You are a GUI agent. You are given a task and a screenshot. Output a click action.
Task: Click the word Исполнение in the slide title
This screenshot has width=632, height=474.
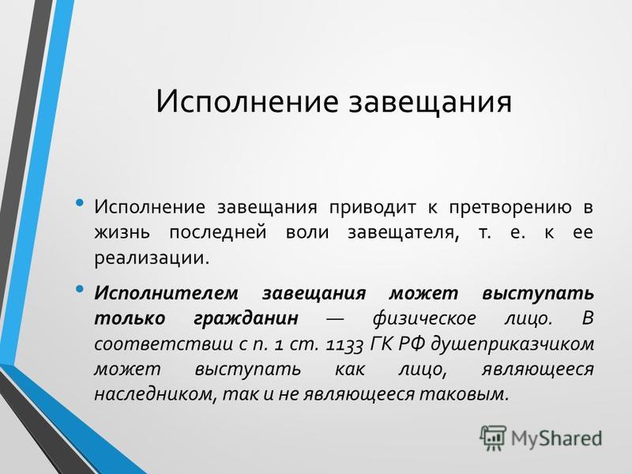point(246,101)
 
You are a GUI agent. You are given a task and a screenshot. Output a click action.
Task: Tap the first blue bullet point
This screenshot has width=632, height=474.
point(80,202)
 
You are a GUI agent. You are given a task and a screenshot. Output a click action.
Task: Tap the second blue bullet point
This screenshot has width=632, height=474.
point(80,288)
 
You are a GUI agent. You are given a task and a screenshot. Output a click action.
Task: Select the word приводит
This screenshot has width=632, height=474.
point(372,208)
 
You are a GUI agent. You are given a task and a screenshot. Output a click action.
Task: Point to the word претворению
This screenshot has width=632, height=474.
point(510,208)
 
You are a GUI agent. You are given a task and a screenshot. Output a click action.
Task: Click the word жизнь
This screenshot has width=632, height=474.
point(122,232)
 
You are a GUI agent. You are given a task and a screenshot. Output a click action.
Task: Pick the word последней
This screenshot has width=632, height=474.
point(218,232)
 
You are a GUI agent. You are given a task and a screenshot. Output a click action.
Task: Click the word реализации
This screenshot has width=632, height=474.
point(152,258)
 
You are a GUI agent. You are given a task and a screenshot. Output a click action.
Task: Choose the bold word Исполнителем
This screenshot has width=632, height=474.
point(166,293)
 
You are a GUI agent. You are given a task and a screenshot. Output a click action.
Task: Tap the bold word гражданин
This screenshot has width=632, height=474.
point(246,319)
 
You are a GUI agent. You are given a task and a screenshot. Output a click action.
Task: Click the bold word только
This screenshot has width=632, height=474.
point(130,319)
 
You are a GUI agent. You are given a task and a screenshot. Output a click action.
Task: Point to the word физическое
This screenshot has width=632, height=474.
point(424,319)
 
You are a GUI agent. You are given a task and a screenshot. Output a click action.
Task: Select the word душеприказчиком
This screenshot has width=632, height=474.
point(512,344)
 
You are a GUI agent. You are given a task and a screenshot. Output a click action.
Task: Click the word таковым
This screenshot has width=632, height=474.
point(463,394)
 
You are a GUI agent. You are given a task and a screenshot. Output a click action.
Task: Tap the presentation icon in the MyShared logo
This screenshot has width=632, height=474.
point(492,438)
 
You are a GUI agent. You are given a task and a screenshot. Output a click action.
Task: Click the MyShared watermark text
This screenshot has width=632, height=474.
point(557,438)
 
